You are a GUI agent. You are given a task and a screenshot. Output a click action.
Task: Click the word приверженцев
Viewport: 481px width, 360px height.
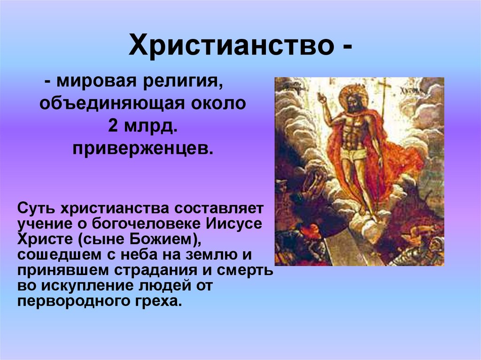click(143, 149)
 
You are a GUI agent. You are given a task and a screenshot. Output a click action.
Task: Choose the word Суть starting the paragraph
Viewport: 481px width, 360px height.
click(36, 208)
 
